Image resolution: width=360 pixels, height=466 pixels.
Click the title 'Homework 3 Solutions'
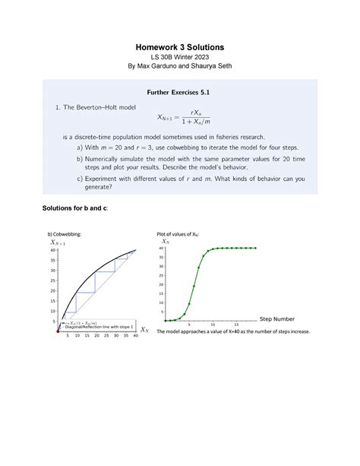[180, 48]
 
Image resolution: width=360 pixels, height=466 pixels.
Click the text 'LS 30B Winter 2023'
[180, 61]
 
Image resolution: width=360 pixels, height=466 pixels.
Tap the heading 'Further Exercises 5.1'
[179, 93]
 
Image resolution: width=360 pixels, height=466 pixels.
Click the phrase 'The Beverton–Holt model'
[102, 108]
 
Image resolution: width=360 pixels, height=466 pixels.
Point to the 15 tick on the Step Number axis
[236, 324]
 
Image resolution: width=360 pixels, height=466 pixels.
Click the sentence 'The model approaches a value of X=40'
[232, 332]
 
